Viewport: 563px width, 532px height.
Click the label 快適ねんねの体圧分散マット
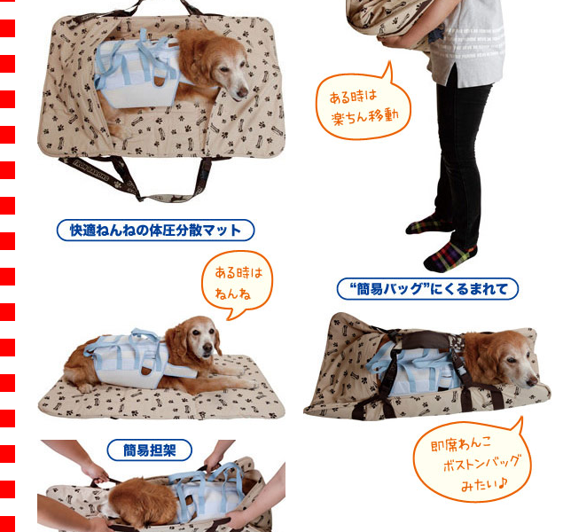click(155, 231)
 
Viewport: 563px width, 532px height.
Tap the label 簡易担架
click(149, 450)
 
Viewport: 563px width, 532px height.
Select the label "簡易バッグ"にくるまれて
click(427, 288)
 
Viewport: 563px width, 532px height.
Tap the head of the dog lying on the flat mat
click(195, 340)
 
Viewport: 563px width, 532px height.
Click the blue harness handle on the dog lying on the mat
click(142, 341)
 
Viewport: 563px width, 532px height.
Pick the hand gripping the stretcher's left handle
click(89, 471)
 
